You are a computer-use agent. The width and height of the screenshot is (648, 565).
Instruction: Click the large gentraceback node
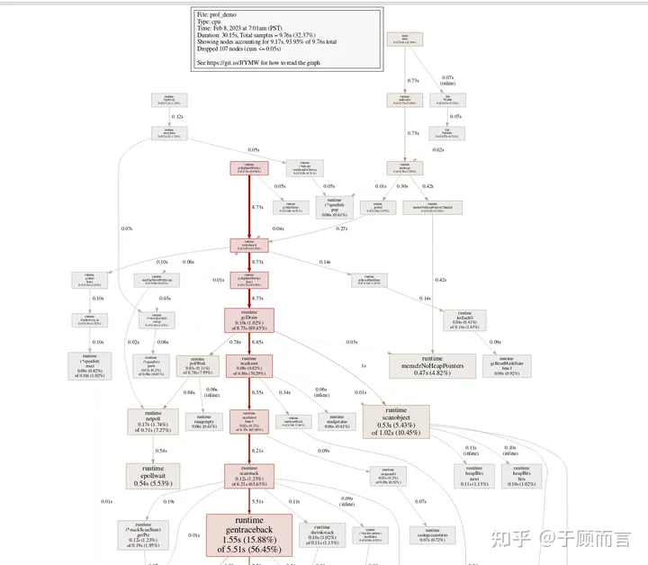[x=249, y=535]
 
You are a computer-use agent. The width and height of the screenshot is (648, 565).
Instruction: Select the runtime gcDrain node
[x=249, y=321]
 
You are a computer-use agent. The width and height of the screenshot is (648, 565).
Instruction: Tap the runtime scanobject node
[x=395, y=420]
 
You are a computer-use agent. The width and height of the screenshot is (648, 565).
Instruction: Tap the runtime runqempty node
[x=204, y=420]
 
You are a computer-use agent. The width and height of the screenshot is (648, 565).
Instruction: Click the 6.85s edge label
[x=257, y=342]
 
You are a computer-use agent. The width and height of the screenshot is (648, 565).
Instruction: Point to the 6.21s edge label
[x=257, y=450]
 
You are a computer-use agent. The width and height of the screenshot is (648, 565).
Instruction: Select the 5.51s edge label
[x=257, y=501]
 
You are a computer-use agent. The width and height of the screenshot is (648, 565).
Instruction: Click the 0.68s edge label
[x=189, y=391]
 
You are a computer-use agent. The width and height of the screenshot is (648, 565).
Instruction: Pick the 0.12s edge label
[x=177, y=117]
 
